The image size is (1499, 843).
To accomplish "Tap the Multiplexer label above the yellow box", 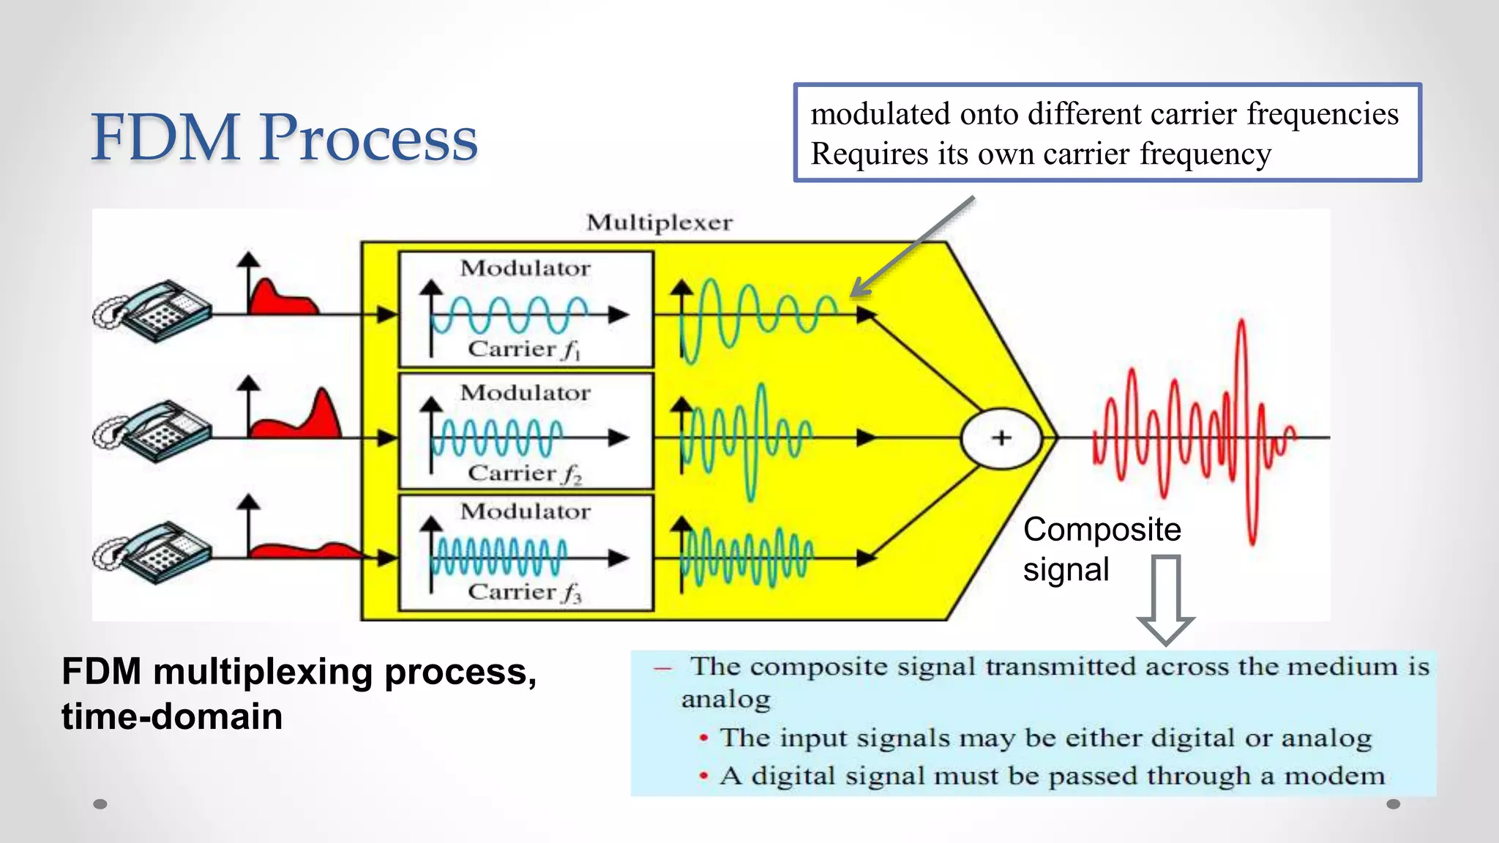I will [x=659, y=222].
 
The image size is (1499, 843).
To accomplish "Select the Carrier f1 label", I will [x=524, y=349].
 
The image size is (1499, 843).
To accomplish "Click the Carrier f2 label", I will [x=524, y=473].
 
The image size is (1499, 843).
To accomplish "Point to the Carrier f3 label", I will [x=524, y=592].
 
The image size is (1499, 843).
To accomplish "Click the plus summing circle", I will [x=1001, y=438].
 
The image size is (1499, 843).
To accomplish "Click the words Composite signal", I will [x=1101, y=549].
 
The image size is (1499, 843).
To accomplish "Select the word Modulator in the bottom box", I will [x=525, y=511].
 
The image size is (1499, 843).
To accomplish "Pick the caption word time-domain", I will [x=172, y=716].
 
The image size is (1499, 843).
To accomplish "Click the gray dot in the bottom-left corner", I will [x=100, y=804].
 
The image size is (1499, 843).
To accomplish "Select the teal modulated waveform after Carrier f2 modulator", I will [x=747, y=439].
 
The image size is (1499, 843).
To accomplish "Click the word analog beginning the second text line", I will [x=725, y=700].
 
